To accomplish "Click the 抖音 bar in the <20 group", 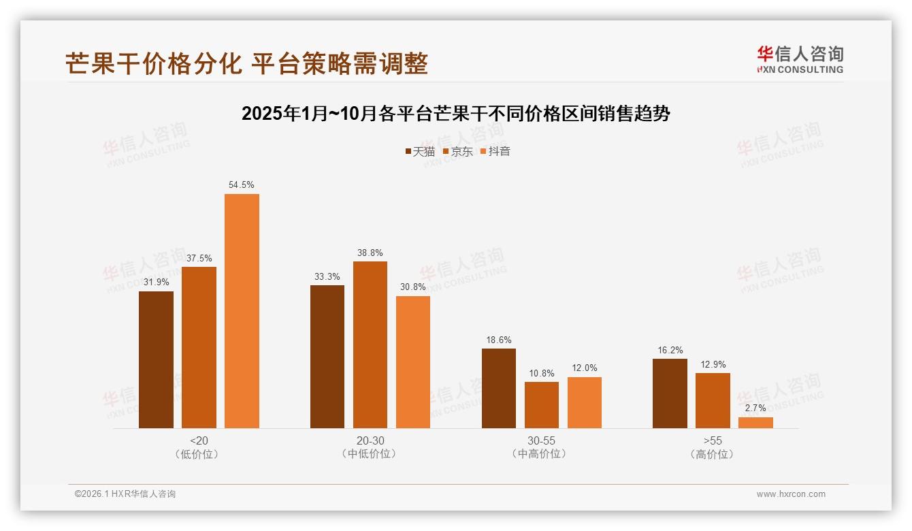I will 242,311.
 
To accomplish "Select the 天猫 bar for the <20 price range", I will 156,359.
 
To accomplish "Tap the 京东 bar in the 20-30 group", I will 370,344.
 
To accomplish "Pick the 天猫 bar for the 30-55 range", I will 498,388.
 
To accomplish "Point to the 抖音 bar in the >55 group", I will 755,423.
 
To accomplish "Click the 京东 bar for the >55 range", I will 713,400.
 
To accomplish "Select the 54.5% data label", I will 242,184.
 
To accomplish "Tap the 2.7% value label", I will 755,408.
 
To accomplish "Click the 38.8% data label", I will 370,253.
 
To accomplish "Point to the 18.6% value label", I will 498,340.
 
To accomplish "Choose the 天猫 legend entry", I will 420,151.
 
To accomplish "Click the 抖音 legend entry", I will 495,151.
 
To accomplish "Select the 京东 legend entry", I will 458,151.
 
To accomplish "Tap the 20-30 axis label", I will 370,440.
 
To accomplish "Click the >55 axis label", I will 713,440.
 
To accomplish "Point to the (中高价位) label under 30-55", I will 541,454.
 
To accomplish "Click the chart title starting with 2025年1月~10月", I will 456,114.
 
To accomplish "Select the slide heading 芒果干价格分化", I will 246,63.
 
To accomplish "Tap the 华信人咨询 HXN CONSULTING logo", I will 800,60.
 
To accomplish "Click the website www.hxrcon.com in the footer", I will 791,494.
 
